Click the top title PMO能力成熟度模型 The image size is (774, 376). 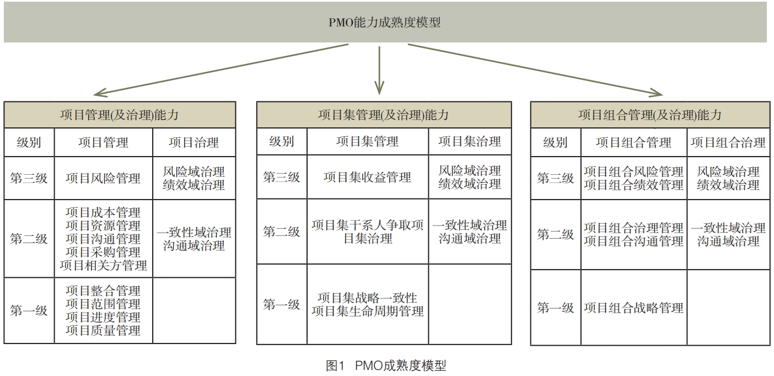[x=384, y=23]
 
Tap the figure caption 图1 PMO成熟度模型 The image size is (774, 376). [x=386, y=366]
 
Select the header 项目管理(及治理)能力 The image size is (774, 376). [x=119, y=115]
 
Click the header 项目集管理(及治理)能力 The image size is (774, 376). [x=383, y=115]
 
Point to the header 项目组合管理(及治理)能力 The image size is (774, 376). [x=650, y=115]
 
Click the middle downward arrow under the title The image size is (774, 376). [x=379, y=70]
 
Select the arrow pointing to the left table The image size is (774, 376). [x=221, y=69]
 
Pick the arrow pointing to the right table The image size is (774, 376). [x=535, y=69]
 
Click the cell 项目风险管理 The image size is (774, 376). [x=103, y=178]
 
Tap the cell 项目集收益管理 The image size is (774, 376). [x=367, y=178]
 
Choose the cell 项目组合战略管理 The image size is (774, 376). [x=634, y=308]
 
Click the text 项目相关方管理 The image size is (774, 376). [x=103, y=265]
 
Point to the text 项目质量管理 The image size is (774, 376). [x=103, y=330]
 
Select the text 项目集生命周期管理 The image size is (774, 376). [x=367, y=311]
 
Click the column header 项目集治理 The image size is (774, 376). [x=470, y=142]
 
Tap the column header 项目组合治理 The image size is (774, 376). [x=728, y=143]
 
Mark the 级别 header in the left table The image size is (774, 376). [x=29, y=143]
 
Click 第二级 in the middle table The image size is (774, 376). [x=281, y=232]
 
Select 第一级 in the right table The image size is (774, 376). [x=555, y=308]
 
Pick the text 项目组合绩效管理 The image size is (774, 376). [x=634, y=185]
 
